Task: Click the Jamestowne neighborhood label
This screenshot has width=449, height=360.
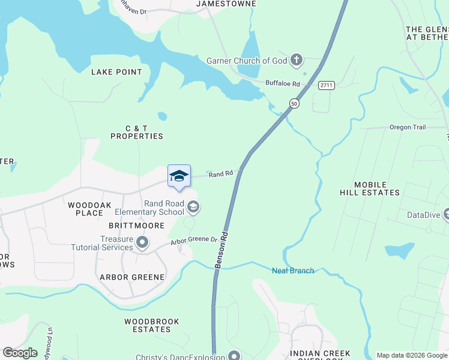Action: coord(226,4)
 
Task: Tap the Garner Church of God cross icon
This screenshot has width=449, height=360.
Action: coord(295,60)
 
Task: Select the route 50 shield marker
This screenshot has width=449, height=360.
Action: coord(294,104)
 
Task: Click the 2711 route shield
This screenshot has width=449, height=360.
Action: coord(326,86)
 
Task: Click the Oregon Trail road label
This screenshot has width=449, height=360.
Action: coord(407,127)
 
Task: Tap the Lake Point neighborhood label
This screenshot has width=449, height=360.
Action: coord(116,72)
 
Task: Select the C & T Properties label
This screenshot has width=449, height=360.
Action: coord(136,132)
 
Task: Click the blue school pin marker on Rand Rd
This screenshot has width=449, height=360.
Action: coord(179,176)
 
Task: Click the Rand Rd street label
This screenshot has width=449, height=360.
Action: coord(220,174)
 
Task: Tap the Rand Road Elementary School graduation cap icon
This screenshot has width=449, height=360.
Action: coord(193,207)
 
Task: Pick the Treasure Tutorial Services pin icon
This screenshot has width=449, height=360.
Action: coord(142,242)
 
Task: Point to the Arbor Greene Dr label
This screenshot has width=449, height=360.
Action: coord(193,240)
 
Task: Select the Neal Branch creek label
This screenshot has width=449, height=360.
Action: coord(293,271)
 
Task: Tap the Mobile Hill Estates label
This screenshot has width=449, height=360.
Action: coord(369,188)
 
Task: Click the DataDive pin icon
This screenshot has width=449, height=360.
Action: coord(446,214)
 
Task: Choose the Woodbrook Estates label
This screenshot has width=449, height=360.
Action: coord(152,325)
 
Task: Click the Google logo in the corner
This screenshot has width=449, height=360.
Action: coord(20,353)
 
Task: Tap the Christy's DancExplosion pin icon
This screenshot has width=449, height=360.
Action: coord(234,356)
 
